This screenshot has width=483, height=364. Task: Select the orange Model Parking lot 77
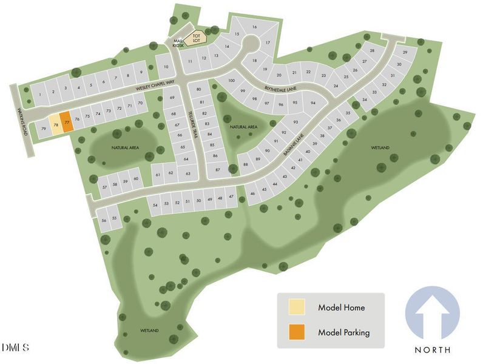(66, 122)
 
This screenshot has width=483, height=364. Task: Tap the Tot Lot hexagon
(196, 39)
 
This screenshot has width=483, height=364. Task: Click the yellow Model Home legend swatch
(297, 308)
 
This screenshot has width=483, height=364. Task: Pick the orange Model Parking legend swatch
(297, 332)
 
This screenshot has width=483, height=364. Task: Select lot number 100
(231, 81)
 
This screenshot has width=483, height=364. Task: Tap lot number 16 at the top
(255, 27)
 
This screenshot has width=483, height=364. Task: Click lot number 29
(405, 53)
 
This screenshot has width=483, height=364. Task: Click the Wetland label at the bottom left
(149, 331)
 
